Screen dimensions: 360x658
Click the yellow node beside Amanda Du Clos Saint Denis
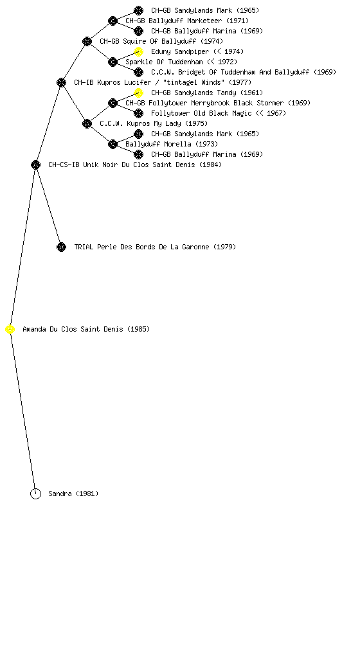[10, 330]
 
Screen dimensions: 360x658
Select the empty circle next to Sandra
[35, 494]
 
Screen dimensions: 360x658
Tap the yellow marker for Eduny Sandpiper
[138, 51]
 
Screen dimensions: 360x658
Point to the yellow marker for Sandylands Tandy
[138, 93]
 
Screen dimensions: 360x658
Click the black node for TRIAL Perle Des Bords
[61, 247]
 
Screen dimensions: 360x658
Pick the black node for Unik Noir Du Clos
[35, 165]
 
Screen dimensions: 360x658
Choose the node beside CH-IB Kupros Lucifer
[61, 83]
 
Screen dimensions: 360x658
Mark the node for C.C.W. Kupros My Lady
[87, 124]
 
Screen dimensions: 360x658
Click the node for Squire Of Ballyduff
[87, 42]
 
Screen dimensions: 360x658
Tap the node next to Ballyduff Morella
[113, 145]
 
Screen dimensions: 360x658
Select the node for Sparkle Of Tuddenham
[113, 62]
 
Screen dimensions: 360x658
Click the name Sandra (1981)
[73, 493]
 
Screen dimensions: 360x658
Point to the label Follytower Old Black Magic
[201, 113]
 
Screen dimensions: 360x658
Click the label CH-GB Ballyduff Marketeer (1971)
[187, 21]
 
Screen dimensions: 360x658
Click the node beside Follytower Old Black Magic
[138, 113]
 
